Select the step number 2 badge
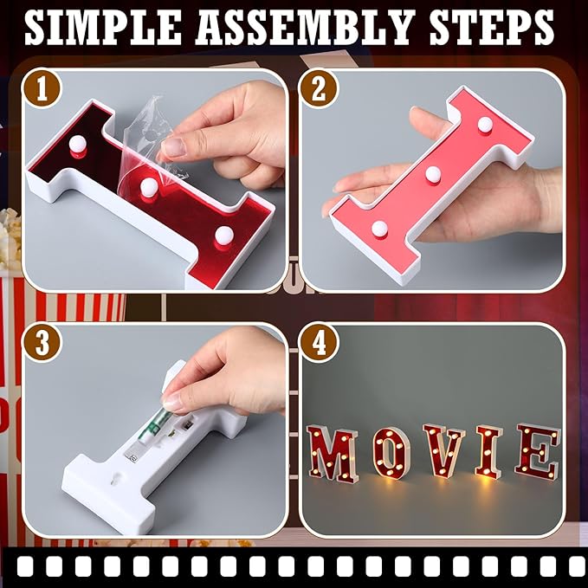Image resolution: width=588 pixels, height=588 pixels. (319, 87)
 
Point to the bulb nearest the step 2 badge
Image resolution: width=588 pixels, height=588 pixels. (378, 229)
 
